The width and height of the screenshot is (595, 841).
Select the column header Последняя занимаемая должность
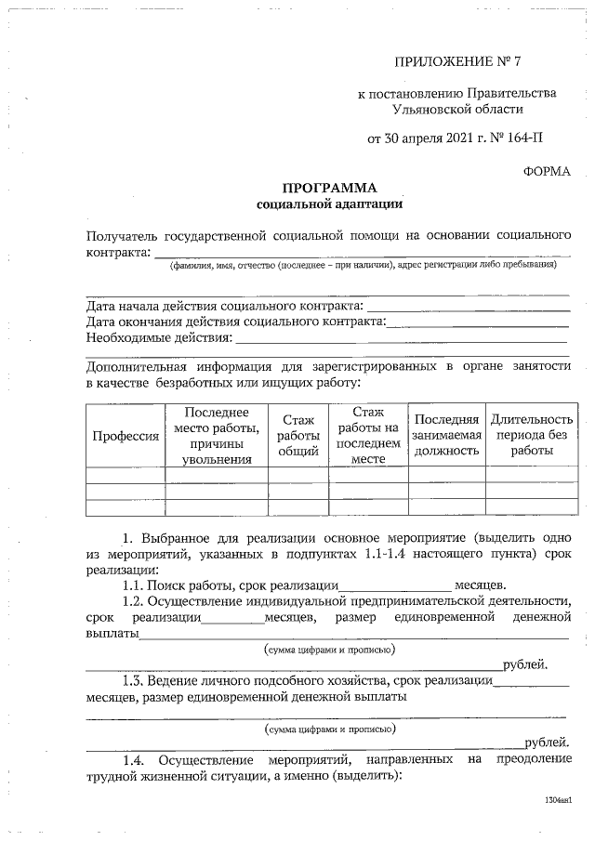447,436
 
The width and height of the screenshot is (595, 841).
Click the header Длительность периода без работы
531,435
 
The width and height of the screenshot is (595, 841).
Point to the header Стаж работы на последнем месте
368,435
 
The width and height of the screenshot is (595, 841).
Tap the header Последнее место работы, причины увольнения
217,435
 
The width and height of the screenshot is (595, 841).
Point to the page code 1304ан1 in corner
557,799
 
